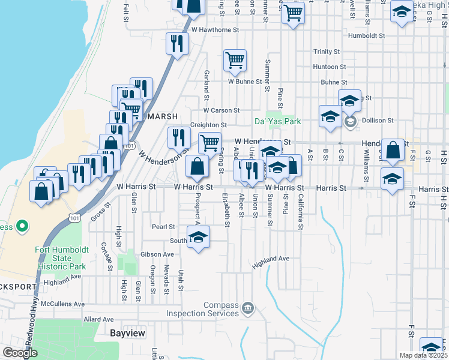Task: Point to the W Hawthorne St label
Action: [215, 29]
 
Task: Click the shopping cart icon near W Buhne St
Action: [235, 59]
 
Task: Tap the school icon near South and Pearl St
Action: [198, 237]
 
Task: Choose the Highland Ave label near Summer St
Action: [271, 259]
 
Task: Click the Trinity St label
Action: [327, 52]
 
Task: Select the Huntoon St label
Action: [329, 67]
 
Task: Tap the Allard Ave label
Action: [99, 319]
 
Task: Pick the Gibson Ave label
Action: [157, 254]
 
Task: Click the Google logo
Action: [20, 353]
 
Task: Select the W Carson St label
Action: [221, 110]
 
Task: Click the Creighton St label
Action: [208, 125]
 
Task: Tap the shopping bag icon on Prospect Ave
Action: [197, 166]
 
